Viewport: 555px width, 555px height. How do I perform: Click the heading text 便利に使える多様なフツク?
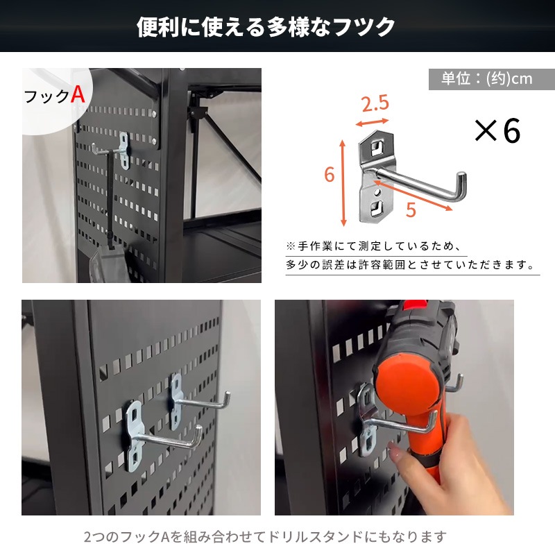coord(266,27)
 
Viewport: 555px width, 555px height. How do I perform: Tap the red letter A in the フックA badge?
coord(78,95)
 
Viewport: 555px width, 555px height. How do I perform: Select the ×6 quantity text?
coord(497,130)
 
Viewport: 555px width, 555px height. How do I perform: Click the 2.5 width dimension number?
coord(375,104)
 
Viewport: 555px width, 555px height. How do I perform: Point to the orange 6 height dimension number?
coord(330,175)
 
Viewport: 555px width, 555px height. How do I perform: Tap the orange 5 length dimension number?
coord(411,210)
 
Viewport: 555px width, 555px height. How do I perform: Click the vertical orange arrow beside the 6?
coord(343,182)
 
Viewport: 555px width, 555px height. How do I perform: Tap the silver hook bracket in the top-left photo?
coord(123,151)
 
